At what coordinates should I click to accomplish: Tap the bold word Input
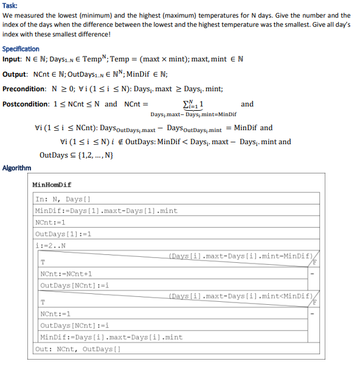[11, 60]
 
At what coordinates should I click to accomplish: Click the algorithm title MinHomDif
[54, 184]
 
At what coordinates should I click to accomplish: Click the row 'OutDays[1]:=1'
[63, 234]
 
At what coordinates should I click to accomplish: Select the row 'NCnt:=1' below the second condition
[54, 314]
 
